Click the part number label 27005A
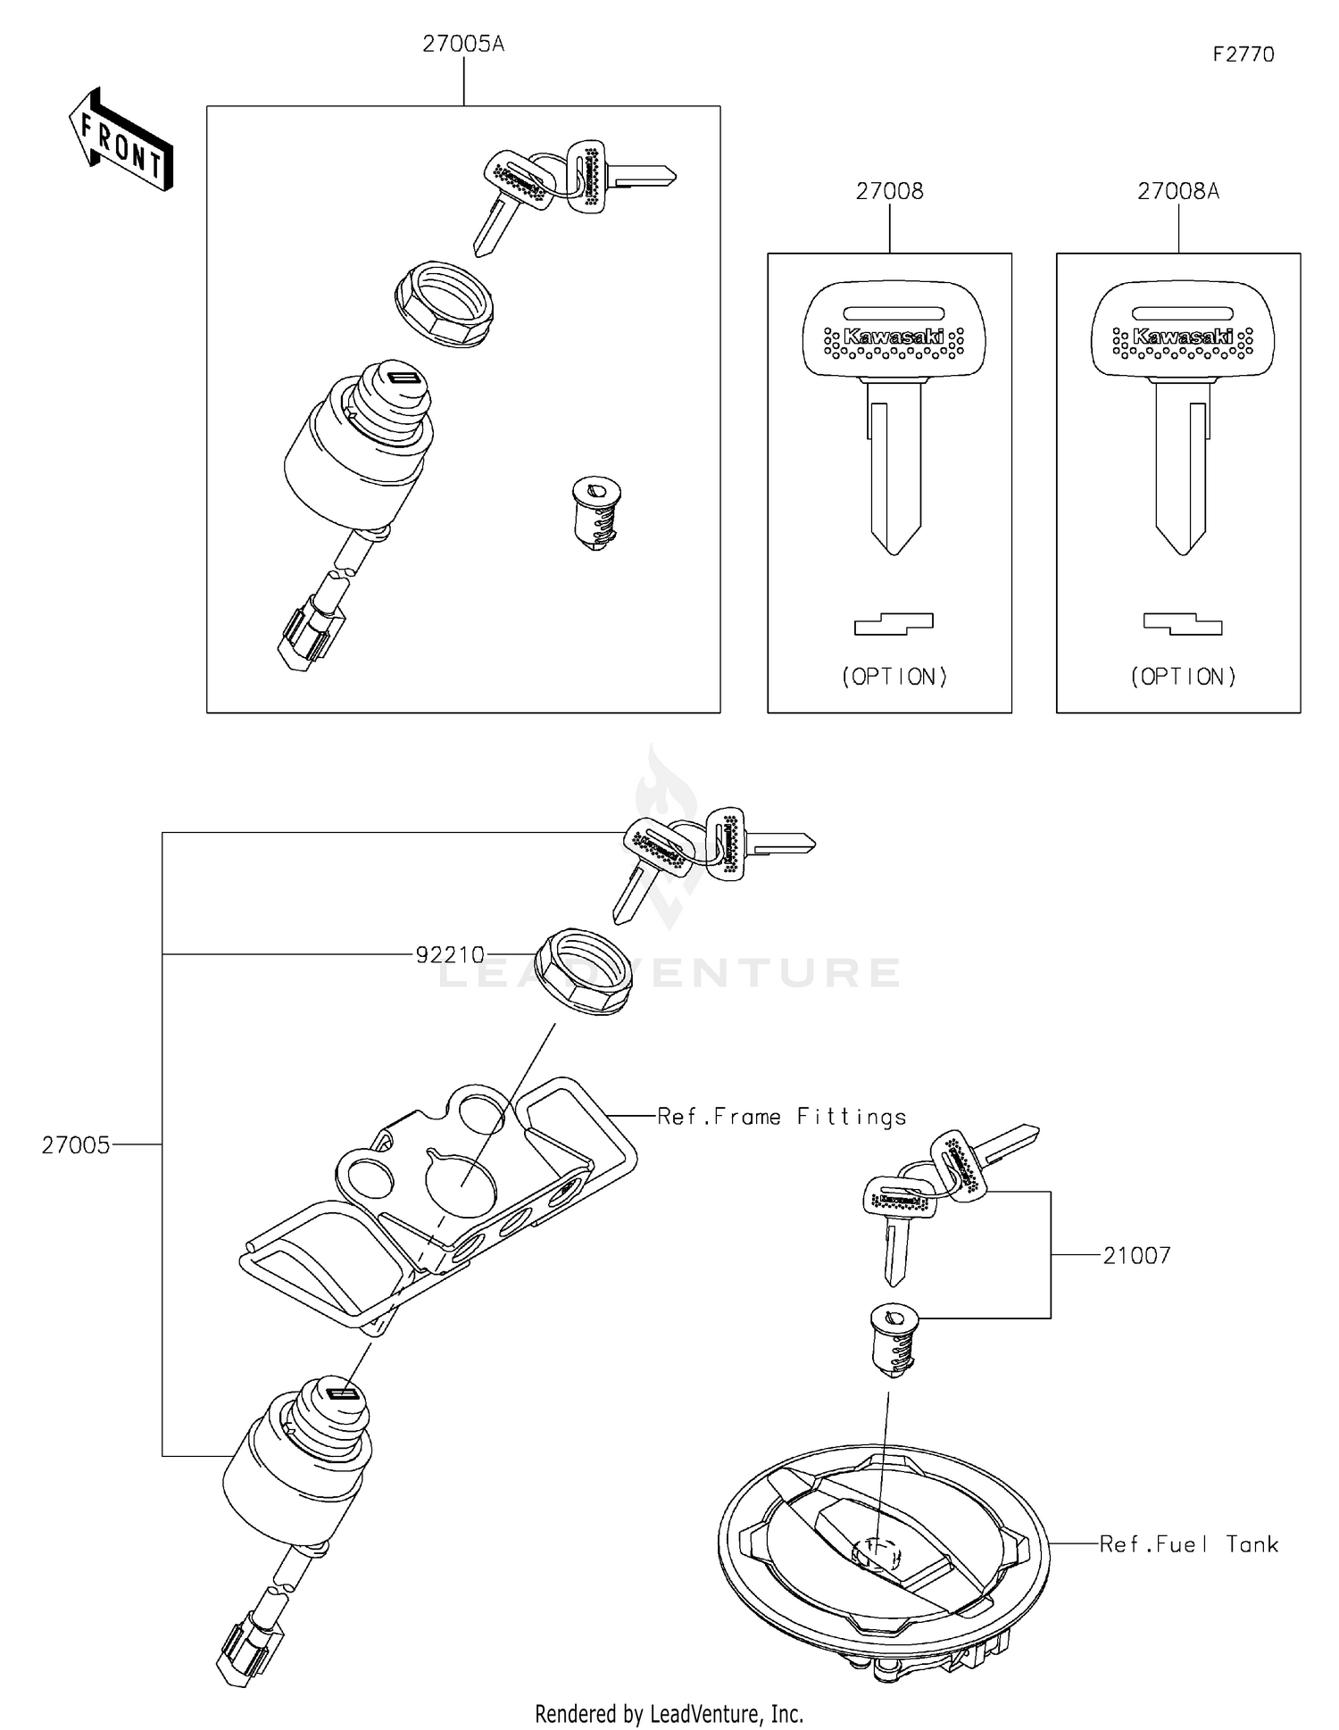pos(462,44)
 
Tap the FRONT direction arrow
pos(121,141)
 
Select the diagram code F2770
pos(1243,54)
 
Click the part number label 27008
pos(889,191)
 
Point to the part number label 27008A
pos(1177,191)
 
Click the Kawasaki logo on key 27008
pos(894,337)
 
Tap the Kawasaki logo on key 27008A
pos(1183,337)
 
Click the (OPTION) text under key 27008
pos(894,677)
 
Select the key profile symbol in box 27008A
pos(1183,624)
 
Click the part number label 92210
pos(450,955)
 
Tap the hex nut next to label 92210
pos(583,971)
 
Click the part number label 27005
pos(76,1145)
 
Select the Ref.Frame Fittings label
pos(781,1117)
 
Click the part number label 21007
pos(1136,1256)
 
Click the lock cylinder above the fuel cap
pos(891,1339)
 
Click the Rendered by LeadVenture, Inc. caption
pos(669,1713)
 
